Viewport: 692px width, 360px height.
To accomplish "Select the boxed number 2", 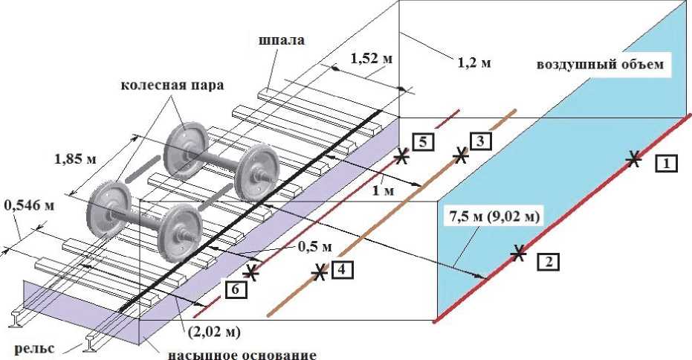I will [549, 261].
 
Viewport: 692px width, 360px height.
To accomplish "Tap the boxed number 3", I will [479, 140].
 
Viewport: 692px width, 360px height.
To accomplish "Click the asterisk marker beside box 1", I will [633, 158].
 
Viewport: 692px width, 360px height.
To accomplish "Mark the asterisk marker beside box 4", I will [320, 272].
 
